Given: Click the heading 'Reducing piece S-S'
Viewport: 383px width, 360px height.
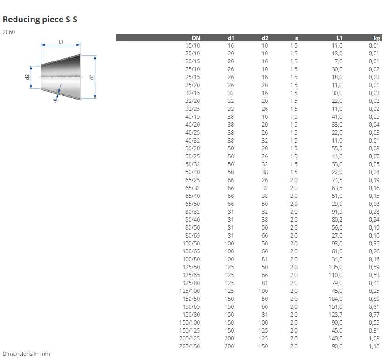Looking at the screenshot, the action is [40, 20].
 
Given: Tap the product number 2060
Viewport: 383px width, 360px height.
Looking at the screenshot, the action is [9, 32].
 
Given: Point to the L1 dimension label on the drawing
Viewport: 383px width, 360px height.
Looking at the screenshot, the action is [61, 42].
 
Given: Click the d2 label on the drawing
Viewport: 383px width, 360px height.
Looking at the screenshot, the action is [27, 77].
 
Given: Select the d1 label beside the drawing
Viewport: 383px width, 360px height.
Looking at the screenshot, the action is [92, 77].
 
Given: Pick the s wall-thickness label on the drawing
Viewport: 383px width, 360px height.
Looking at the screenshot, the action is [55, 99].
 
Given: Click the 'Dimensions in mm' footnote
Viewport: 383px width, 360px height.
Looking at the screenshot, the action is [27, 354].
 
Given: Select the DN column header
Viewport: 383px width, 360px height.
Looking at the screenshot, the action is [196, 38].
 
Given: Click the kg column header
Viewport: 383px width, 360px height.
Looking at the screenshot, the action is [376, 38].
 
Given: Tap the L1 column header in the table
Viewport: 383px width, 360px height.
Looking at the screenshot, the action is [340, 38].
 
